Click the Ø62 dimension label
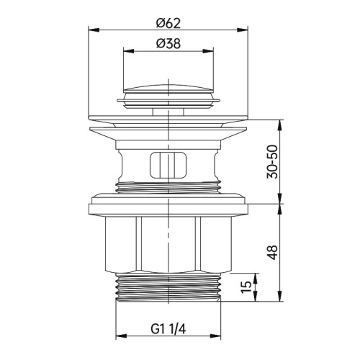coord(168,24)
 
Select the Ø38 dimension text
coord(168,44)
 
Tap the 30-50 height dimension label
coord(272,161)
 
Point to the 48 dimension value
coord(273,252)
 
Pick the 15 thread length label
coord(246,287)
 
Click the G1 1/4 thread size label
coord(168,329)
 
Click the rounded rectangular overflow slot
coord(168,165)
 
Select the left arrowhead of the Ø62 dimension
coord(94,30)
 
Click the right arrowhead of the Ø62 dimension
coord(243,30)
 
